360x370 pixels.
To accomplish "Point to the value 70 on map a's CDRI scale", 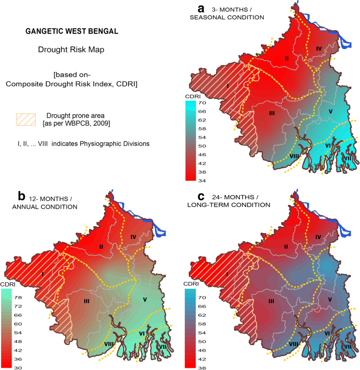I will (202, 104).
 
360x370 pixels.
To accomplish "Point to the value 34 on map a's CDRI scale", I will (202, 180).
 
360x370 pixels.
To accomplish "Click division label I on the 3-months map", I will (214, 85).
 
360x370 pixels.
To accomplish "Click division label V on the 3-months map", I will (330, 112).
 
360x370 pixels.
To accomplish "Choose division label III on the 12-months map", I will (86, 301).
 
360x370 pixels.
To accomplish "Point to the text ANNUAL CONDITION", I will (51, 207).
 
